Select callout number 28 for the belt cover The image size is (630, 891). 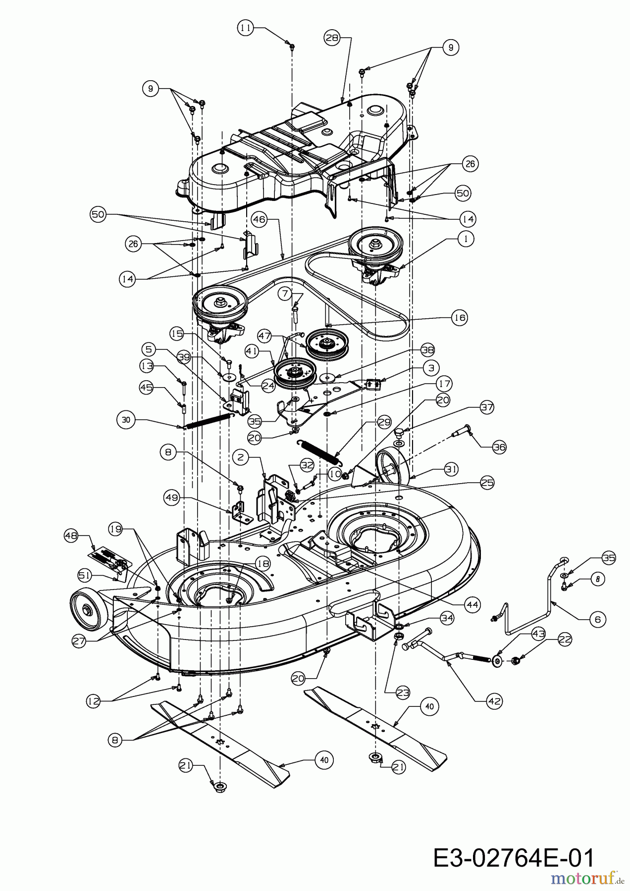point(333,38)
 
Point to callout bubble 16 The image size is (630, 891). point(460,317)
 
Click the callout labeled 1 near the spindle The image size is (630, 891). point(466,239)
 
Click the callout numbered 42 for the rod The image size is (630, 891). point(494,701)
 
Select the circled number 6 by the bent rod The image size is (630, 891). point(598,619)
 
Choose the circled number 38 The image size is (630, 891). point(427,349)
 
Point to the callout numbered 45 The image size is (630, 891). point(147,388)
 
